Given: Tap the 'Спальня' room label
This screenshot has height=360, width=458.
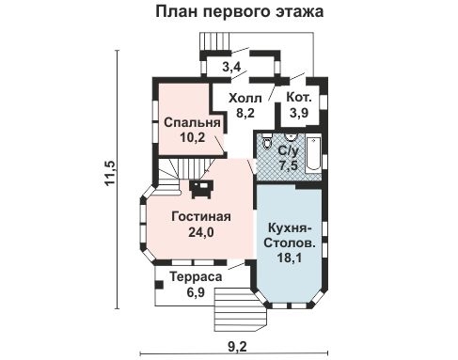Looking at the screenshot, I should [x=192, y=122].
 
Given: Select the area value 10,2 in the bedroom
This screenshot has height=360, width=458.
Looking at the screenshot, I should [x=192, y=137].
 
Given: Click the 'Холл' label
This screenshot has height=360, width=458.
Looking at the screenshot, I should [x=245, y=97].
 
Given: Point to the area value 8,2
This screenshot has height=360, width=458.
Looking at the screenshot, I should [x=245, y=112].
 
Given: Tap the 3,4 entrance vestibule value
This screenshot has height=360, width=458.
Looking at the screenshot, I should [x=230, y=67].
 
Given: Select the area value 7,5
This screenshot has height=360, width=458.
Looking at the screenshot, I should [x=289, y=164].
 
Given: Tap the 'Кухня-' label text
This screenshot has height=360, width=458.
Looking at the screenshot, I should [x=290, y=229].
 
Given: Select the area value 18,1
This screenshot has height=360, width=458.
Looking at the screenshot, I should [x=290, y=261].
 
